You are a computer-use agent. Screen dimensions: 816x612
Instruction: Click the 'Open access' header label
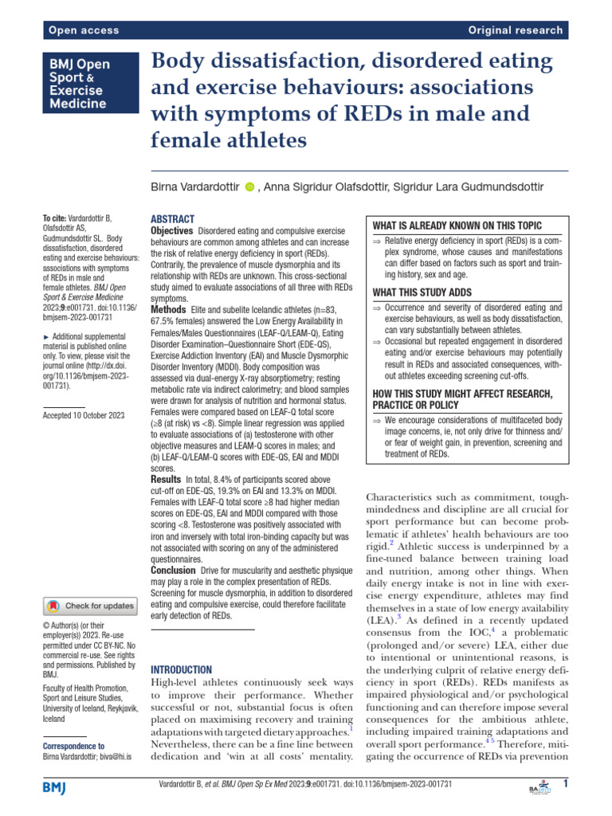tap(84, 30)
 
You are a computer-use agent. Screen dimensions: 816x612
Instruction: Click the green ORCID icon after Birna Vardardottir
tap(249, 187)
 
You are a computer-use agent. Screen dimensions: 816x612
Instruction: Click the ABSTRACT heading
tap(173, 218)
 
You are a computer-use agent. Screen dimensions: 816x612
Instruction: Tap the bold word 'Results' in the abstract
tap(167, 481)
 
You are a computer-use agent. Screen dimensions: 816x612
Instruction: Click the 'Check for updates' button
tap(91, 606)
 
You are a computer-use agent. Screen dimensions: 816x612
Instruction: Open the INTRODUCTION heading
tap(181, 670)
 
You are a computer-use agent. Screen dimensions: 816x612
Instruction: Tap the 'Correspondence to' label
tap(73, 746)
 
